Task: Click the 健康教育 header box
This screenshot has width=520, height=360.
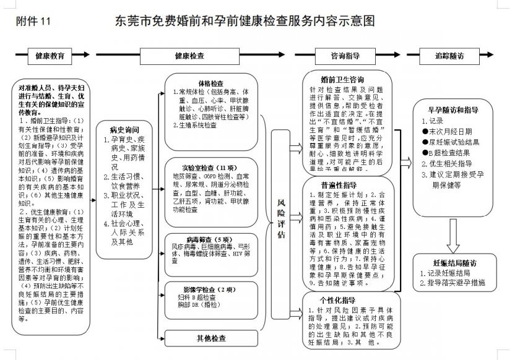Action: pyautogui.click(x=50, y=56)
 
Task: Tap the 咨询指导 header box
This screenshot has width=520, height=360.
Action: pyautogui.click(x=345, y=56)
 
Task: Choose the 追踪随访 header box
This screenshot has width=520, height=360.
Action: pyautogui.click(x=449, y=56)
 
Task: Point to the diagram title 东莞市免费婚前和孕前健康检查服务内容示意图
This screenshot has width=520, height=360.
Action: pyautogui.click(x=245, y=21)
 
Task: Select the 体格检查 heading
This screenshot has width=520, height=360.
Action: pyautogui.click(x=210, y=83)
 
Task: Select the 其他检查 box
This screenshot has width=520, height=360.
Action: pyautogui.click(x=210, y=338)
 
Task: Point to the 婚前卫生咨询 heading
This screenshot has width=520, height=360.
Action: pyautogui.click(x=342, y=80)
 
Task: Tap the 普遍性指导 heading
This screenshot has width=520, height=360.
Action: pyautogui.click(x=339, y=185)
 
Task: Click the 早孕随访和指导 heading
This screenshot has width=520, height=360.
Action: pyautogui.click(x=453, y=109)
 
